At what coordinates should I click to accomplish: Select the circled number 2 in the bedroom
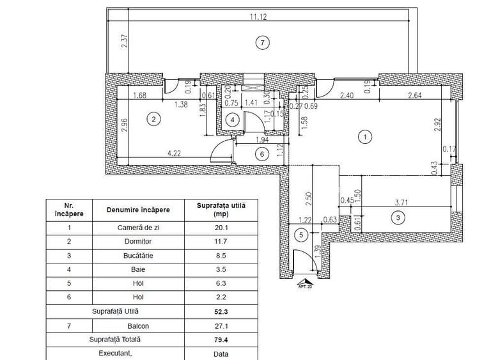[x=153, y=118]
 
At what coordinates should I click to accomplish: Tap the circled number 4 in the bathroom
[x=233, y=119]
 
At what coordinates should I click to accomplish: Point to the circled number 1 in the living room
[x=364, y=136]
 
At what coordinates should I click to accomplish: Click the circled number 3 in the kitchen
[x=398, y=217]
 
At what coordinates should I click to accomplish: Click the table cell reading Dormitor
[x=138, y=242]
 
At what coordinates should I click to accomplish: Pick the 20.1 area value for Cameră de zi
[x=222, y=226]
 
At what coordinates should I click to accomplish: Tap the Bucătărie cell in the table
[x=138, y=257]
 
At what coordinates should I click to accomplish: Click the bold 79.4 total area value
[x=222, y=340]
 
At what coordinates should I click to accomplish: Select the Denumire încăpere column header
[x=138, y=210]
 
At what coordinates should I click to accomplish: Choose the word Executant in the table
[x=115, y=353]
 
